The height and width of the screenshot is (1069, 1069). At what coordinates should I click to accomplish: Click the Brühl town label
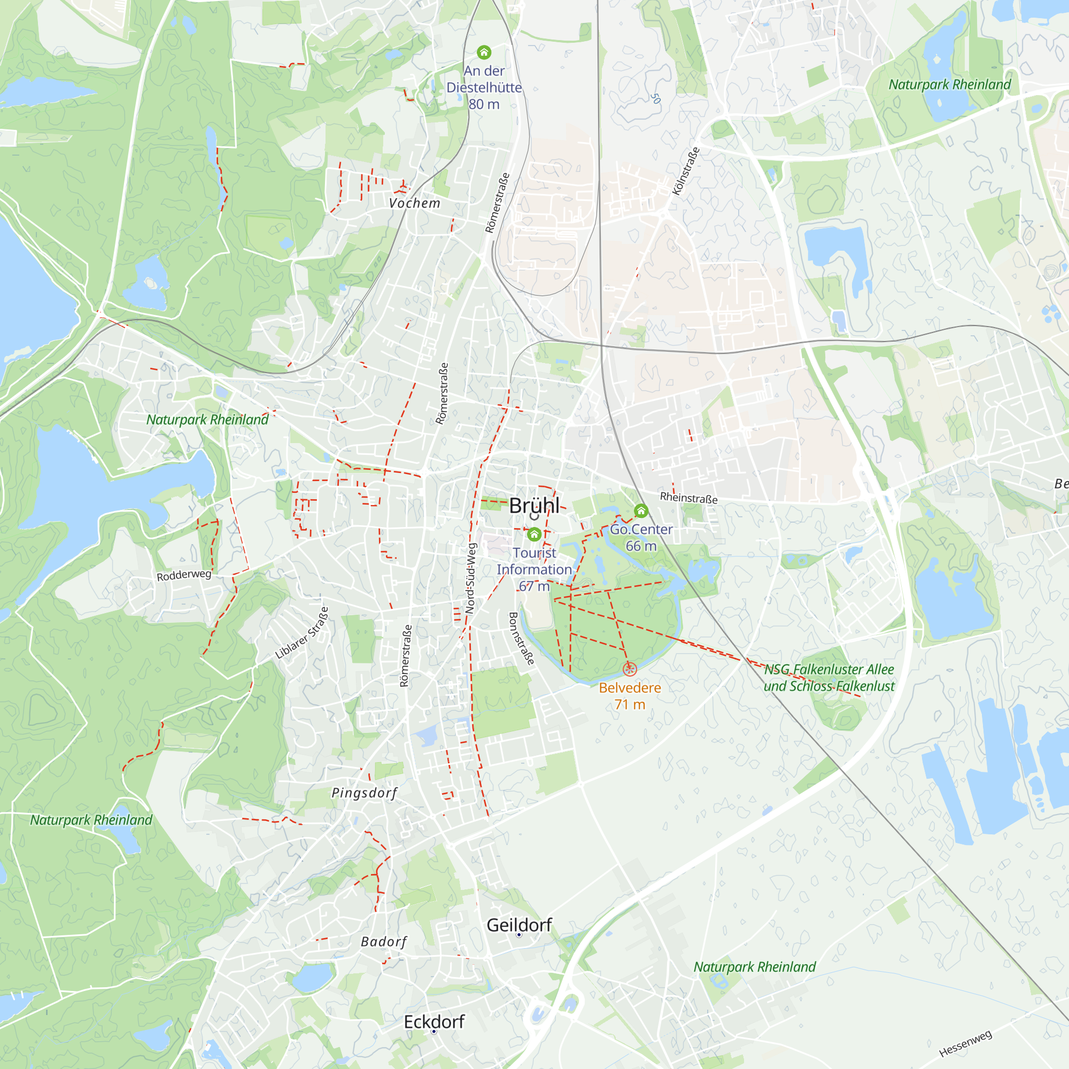534,506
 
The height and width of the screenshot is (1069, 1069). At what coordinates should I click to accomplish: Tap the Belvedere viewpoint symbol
630,669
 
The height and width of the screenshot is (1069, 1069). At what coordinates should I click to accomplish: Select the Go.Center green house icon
641,510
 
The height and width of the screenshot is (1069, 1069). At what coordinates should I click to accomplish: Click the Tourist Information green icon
534,534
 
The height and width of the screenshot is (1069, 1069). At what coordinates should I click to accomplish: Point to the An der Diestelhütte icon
484,52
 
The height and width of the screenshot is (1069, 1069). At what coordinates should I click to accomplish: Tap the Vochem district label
414,203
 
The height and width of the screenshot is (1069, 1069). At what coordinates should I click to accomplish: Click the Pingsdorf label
364,793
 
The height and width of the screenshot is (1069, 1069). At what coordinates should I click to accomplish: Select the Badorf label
383,941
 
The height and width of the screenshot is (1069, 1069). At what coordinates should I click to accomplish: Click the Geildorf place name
519,925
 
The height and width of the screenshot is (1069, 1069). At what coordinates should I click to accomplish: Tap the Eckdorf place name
434,1021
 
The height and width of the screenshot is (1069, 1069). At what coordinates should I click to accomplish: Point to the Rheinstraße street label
688,498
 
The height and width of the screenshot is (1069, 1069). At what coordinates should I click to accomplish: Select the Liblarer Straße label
302,633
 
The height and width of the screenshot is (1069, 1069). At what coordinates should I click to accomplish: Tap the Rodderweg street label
184,576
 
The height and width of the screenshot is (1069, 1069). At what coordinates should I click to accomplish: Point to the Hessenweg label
965,1043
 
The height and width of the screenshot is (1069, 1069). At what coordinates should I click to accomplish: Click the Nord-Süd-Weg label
470,578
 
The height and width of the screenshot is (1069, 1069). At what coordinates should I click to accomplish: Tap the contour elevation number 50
656,98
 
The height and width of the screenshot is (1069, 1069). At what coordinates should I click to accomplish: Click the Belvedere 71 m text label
630,695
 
